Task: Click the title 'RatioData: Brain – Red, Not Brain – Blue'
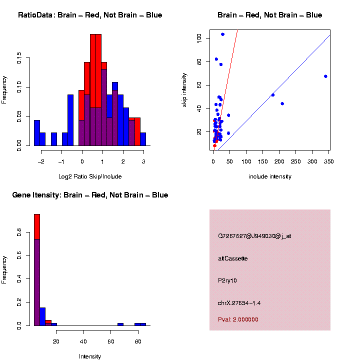point(90,15)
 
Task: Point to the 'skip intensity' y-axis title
point(184,88)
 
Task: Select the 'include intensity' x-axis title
point(270,176)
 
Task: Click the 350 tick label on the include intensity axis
point(328,161)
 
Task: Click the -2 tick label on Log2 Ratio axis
point(42,161)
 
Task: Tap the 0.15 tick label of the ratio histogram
point(19,59)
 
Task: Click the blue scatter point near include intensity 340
point(325,76)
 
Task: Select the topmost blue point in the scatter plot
point(222,34)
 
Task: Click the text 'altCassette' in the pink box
point(233,258)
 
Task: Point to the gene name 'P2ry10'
point(227,280)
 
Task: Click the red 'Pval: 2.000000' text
point(238,319)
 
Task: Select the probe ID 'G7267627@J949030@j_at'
point(254,236)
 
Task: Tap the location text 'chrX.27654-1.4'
point(239,303)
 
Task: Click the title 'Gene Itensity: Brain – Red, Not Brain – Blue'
point(90,194)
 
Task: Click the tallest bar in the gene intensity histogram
point(37,270)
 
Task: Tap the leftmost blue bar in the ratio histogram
point(37,133)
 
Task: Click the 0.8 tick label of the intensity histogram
point(19,232)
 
